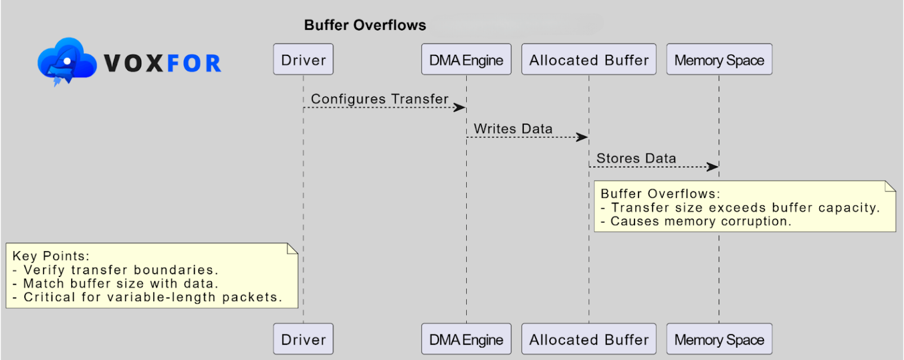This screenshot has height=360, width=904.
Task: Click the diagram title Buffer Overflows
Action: coord(365,25)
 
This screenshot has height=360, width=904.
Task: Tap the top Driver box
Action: coord(303,59)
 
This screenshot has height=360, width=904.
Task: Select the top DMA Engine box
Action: coord(466,59)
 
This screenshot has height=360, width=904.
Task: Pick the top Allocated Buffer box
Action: coord(589,59)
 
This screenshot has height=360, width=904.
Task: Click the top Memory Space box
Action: coord(719,59)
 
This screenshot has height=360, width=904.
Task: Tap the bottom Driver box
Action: coord(303,339)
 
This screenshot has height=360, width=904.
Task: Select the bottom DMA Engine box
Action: coord(466,339)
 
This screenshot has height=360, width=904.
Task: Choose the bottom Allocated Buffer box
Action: coord(589,339)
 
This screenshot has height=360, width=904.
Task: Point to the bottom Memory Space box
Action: coord(719,339)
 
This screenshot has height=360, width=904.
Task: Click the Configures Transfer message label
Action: coord(380,99)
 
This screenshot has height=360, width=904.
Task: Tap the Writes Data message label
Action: coord(513,128)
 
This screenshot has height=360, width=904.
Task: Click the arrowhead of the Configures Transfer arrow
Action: coord(460,108)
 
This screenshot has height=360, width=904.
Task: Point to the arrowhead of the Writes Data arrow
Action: coord(583,137)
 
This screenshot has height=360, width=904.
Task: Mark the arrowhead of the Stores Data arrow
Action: coord(713,166)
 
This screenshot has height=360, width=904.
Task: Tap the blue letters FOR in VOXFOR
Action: coord(194,63)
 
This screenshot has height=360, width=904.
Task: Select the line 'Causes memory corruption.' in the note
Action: coord(700,221)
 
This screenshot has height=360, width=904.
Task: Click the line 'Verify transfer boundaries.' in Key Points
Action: coord(121,270)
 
